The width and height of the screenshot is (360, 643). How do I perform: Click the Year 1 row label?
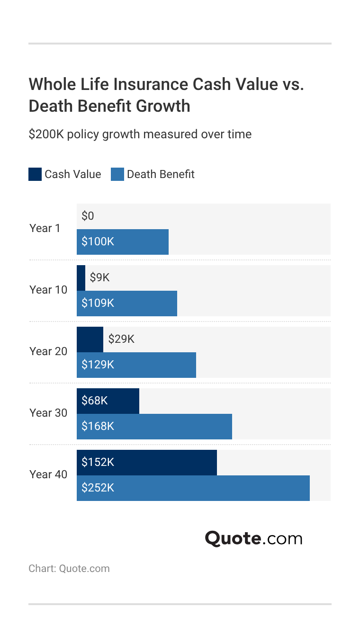45,228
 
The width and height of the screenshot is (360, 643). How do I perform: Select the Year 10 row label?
48,290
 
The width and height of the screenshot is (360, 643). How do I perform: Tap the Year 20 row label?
48,351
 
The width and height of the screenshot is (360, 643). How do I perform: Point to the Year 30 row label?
48,413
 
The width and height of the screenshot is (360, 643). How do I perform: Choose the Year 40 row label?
48,474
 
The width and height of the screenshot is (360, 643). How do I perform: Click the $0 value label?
88,216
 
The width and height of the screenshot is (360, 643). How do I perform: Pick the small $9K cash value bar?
81,278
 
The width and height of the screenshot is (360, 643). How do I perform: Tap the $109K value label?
98,303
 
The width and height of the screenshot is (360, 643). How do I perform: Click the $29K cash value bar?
90,339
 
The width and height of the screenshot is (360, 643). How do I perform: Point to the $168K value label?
98,426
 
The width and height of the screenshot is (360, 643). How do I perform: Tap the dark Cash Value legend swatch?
35,174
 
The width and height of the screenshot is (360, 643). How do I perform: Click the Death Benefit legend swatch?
117,174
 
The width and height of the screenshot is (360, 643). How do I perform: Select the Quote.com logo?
253,538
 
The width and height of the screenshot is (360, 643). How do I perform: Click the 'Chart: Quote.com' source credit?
69,569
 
